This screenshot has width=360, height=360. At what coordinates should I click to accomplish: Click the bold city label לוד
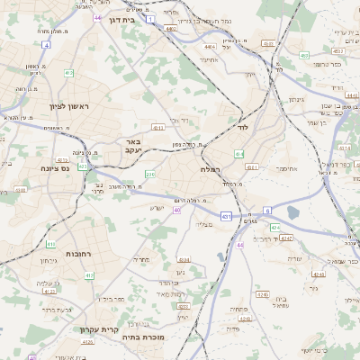pyautogui.click(x=240, y=128)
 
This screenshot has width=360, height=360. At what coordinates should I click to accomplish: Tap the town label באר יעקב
pyautogui.click(x=133, y=147)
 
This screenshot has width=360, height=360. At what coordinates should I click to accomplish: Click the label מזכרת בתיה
pyautogui.click(x=150, y=337)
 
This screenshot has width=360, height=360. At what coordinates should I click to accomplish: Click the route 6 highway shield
pyautogui.click(x=268, y=210)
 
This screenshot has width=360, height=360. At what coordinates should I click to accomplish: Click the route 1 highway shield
pyautogui.click(x=150, y=18)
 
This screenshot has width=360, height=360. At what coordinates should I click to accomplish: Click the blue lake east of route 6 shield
pyautogui.click(x=292, y=212)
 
